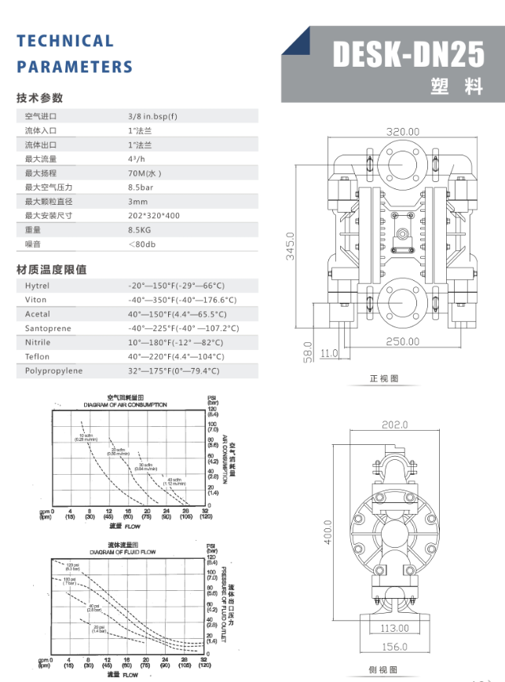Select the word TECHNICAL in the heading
point(65,41)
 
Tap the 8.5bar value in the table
point(141,187)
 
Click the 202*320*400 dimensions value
point(154,215)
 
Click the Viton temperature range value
point(182,300)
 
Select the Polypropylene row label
point(53,370)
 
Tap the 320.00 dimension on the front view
point(402,132)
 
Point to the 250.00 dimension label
point(402,341)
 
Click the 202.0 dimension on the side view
point(395,425)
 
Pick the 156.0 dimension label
point(394,647)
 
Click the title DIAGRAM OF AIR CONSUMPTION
point(126,405)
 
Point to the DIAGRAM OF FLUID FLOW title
point(123,553)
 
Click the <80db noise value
point(141,244)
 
